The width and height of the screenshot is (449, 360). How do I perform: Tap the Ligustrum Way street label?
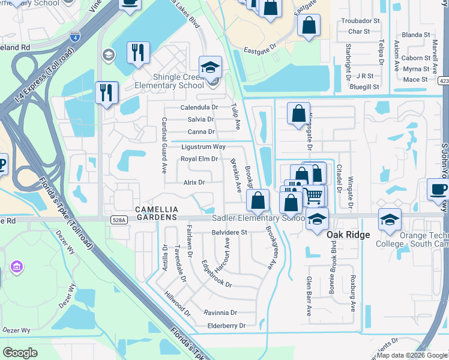point(203,147)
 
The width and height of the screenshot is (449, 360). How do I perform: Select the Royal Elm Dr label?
point(199,159)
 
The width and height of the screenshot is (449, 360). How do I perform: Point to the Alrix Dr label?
point(194,182)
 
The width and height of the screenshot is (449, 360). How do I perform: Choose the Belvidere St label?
point(229,232)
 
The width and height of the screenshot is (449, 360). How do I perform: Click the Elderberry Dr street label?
point(225,326)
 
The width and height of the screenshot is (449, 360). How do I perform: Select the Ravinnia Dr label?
point(220,313)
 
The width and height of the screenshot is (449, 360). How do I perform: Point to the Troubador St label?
point(361,20)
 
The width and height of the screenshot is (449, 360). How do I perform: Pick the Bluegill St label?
point(364,86)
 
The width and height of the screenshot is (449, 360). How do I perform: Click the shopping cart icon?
point(314,195)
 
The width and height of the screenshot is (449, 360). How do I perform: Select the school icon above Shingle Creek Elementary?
point(211,67)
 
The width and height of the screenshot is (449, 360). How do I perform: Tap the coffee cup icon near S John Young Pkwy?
point(438,190)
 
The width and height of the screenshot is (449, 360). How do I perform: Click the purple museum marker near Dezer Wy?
point(16,266)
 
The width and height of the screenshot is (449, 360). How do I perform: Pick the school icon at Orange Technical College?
point(390,219)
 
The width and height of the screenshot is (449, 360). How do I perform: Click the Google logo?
point(20,353)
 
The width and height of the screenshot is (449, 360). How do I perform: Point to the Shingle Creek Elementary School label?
point(170,81)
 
